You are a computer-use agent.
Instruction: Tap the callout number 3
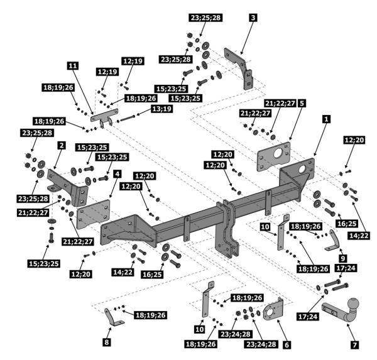(253, 18)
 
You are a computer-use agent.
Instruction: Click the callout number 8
(107, 342)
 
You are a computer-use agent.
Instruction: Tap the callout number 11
(73, 65)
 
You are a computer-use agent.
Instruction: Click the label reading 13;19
(161, 109)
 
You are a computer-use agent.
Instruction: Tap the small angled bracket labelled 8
(114, 317)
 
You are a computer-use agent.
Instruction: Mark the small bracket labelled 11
(104, 117)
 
